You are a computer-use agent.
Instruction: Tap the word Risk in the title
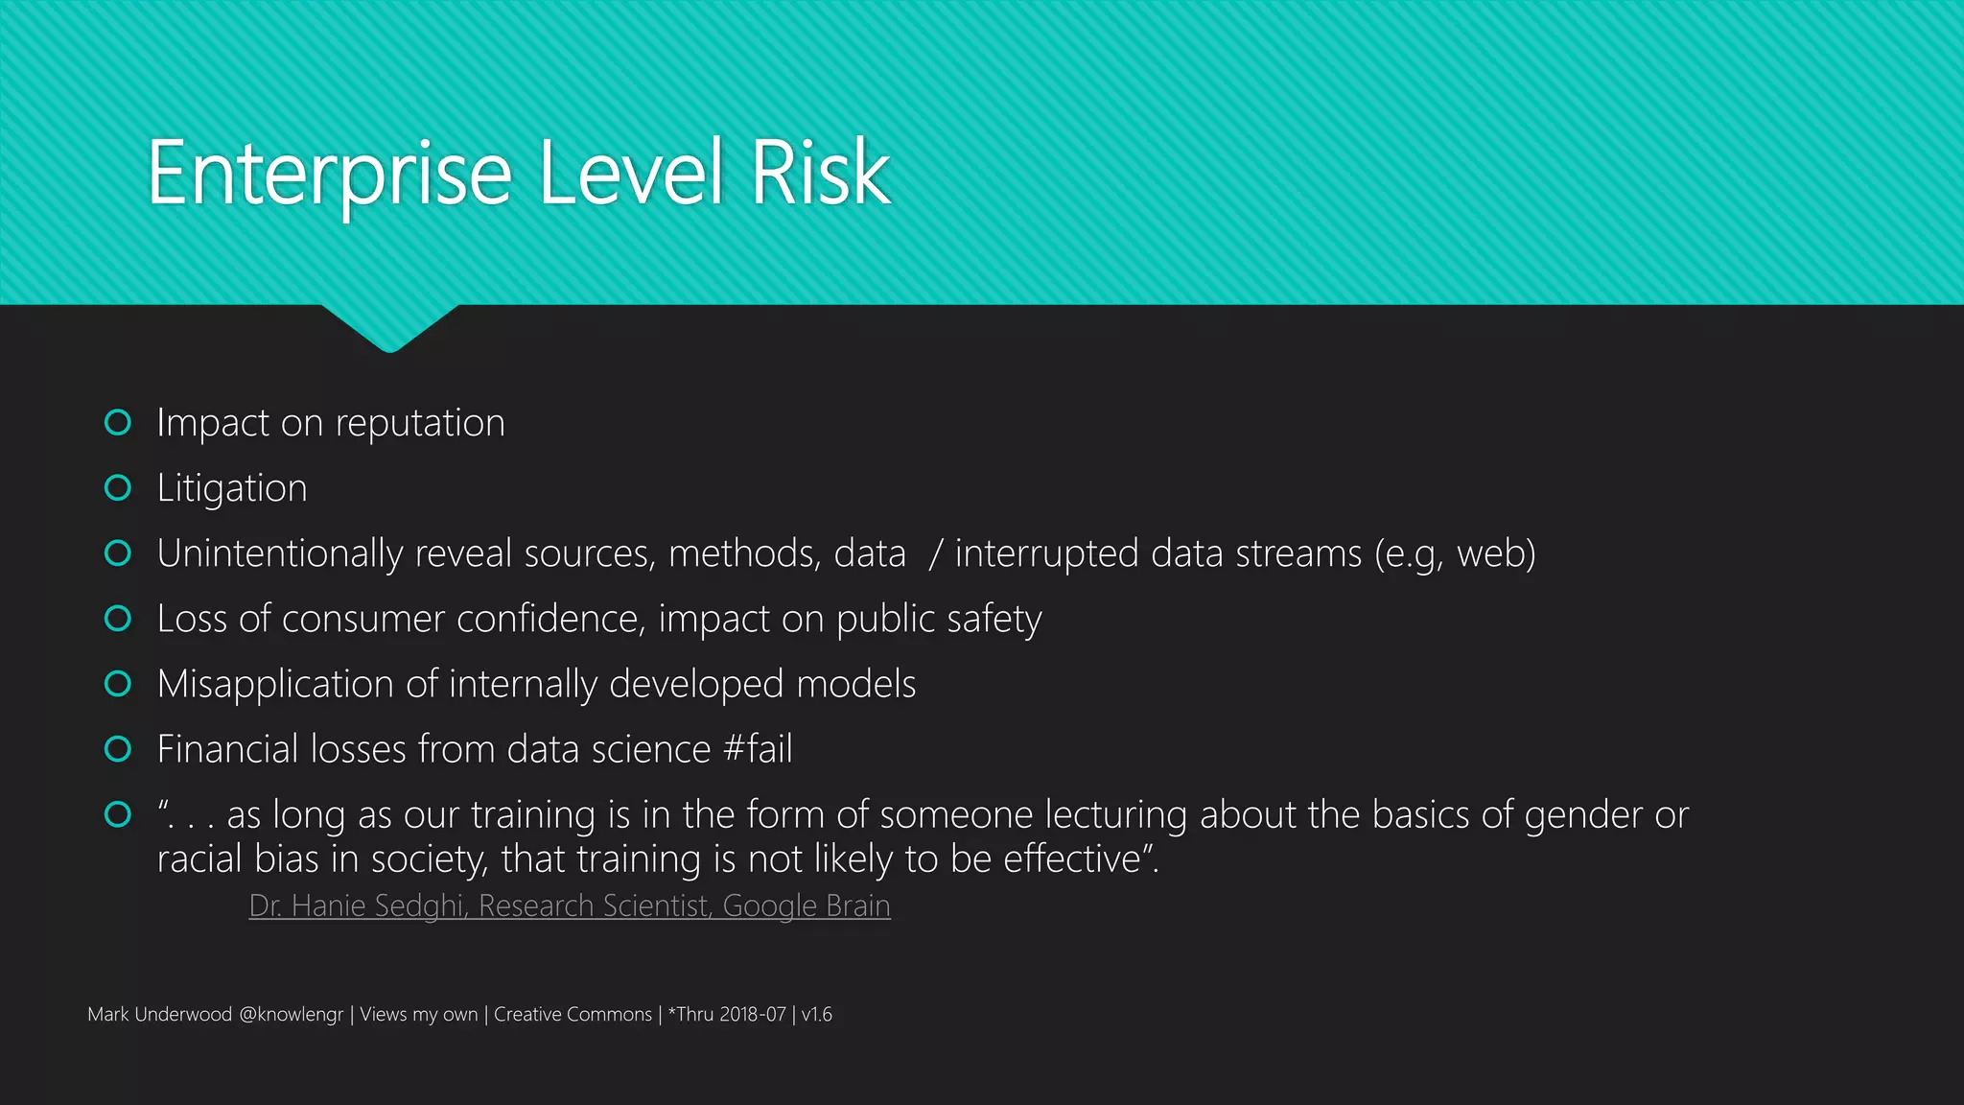coord(821,174)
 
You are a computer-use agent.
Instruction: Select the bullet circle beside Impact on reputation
coord(118,423)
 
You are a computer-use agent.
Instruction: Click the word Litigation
coord(232,488)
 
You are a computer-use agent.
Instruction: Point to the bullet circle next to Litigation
coord(118,488)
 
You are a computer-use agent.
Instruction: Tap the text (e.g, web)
coord(1455,553)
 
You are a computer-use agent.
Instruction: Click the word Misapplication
coord(275,684)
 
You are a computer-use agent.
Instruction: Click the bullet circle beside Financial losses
coord(118,749)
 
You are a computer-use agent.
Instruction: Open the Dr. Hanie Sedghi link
coord(570,905)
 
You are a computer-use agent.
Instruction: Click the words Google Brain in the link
coord(807,905)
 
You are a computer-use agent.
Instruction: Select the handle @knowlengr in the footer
coord(291,1015)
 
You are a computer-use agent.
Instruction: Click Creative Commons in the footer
coord(573,1015)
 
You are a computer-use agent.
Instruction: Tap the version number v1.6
coord(817,1015)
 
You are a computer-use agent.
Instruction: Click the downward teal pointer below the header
coord(389,328)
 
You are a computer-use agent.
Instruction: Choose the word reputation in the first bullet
coord(420,423)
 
